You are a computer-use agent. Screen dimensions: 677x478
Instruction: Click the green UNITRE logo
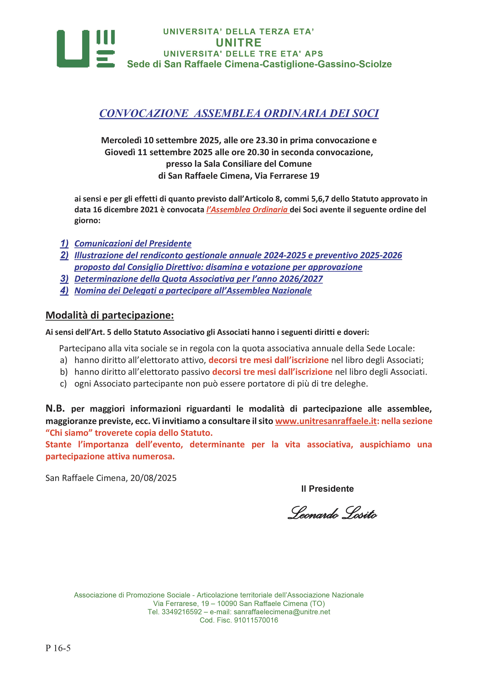[x=85, y=49]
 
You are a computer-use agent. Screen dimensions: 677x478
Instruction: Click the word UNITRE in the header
[x=239, y=43]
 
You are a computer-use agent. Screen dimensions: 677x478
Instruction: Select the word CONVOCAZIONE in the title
[x=144, y=113]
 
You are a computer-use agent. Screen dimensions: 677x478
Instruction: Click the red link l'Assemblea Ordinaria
[x=247, y=210]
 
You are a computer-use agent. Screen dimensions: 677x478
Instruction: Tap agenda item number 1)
[x=64, y=244]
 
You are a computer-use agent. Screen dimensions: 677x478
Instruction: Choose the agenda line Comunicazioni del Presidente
[x=133, y=244]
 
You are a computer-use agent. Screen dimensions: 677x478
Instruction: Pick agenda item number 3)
[x=64, y=279]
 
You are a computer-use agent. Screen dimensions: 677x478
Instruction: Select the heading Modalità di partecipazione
[x=109, y=315]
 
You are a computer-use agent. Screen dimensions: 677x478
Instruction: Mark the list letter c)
[x=63, y=384]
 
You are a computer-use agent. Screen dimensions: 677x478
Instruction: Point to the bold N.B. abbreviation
[x=55, y=408]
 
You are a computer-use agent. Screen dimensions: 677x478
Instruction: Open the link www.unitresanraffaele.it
[x=326, y=421]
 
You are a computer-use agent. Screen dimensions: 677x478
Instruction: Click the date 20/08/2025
[x=153, y=478]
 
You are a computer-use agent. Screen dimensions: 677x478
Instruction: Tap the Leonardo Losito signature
[x=332, y=513]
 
